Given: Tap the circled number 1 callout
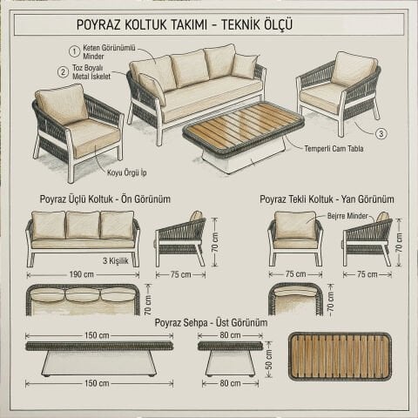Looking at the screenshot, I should tap(64, 51).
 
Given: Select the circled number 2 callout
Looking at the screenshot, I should tap(64, 72).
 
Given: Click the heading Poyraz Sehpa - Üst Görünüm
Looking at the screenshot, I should tap(210, 322).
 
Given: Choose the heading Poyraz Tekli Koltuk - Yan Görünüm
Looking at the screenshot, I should tap(327, 199).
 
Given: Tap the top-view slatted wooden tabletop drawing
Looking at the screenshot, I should tap(340, 356).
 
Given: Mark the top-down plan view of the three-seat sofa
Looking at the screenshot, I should tap(83, 298).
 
